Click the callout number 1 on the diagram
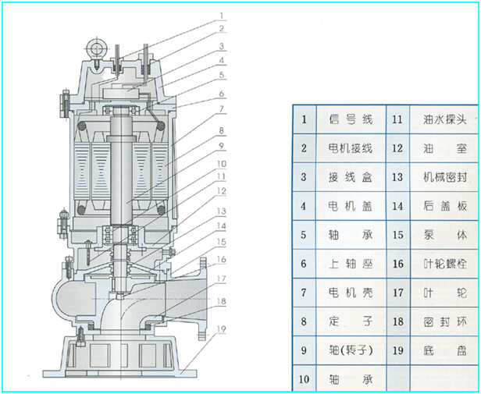223,15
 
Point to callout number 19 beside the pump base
223,330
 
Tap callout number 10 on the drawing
222,164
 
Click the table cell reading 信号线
350,119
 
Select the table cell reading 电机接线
350,147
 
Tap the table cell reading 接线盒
350,176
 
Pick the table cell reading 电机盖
350,206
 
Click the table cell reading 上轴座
350,264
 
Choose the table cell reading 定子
350,321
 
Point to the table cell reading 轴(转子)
350,350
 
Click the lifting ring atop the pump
97,48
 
